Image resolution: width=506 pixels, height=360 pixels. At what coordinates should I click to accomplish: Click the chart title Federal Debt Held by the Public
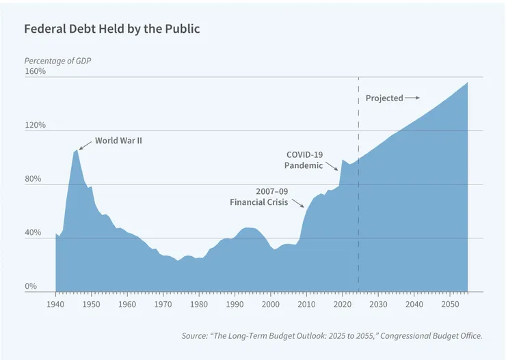[x=111, y=30]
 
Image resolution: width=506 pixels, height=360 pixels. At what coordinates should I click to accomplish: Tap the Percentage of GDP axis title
[x=57, y=61]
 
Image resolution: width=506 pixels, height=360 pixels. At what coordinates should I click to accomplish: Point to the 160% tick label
[x=36, y=71]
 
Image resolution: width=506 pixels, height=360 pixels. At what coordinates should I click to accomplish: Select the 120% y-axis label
[x=36, y=125]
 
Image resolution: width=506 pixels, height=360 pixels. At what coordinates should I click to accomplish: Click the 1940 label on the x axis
[x=55, y=303]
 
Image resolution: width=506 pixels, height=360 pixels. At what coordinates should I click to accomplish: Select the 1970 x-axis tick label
[x=163, y=303]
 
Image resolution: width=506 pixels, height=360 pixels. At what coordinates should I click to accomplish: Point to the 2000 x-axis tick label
[x=271, y=303]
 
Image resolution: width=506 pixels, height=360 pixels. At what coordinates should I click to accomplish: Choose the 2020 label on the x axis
[x=343, y=303]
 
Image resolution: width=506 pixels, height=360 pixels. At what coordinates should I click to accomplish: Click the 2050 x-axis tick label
[x=450, y=303]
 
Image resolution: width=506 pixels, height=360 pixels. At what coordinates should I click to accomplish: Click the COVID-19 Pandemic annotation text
[x=304, y=160]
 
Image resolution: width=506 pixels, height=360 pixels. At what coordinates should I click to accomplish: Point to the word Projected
[x=384, y=98]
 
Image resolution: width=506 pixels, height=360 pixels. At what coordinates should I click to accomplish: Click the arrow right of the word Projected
[x=412, y=98]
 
